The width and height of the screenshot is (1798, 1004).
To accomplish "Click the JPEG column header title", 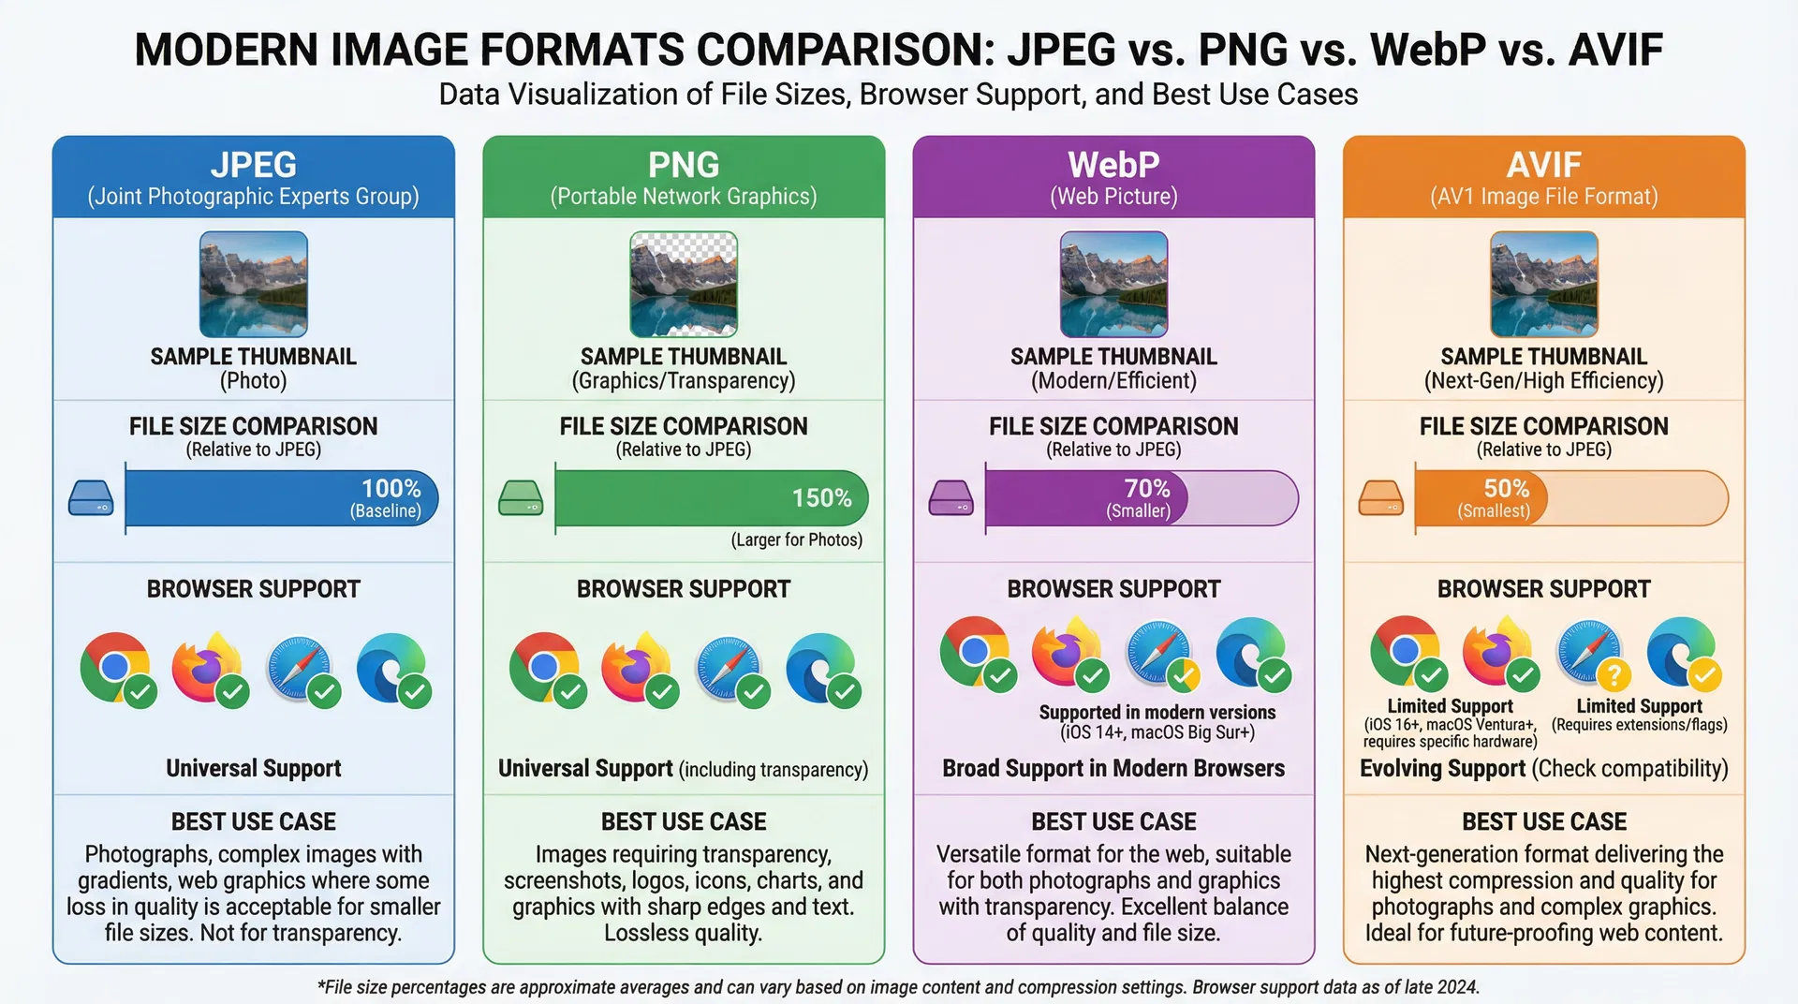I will (253, 165).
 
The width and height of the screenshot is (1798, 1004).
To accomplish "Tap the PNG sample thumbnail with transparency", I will (684, 284).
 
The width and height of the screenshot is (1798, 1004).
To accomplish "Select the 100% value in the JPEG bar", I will (391, 488).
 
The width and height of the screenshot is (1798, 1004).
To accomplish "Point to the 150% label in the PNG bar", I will (821, 497).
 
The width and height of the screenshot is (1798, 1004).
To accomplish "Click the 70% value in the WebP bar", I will (1146, 488).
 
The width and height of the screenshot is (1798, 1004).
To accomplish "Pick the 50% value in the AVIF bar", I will (1506, 488).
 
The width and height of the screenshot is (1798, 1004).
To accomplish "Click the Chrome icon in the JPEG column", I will (115, 667).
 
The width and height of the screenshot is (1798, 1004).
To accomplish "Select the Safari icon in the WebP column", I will (1158, 651).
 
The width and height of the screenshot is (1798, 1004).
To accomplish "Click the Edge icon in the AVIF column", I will (1681, 651).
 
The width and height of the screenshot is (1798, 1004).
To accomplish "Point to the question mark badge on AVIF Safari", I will (1614, 674).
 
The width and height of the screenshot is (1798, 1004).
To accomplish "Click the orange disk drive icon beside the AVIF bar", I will (1380, 497).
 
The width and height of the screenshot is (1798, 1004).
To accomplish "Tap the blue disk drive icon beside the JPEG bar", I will (91, 497).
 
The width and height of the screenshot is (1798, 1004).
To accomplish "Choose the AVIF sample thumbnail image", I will (1543, 284).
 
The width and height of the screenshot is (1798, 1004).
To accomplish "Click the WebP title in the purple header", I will (1113, 165).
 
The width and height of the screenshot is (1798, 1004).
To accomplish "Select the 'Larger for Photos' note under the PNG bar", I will (796, 539).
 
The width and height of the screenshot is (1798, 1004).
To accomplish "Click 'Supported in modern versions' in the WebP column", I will (1157, 712).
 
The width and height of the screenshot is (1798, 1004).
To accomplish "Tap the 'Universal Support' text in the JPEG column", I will (253, 768).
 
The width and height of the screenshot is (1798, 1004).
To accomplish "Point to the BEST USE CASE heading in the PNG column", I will (684, 821).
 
